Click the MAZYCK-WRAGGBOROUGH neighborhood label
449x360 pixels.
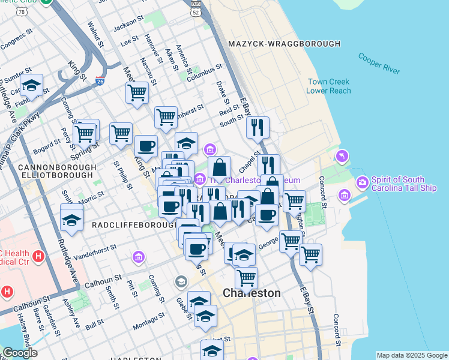(284, 44)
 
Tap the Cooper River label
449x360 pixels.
(379, 64)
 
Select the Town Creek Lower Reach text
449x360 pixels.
(328, 86)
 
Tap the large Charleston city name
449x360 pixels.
(252, 293)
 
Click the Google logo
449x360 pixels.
(20, 353)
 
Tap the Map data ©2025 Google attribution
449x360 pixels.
(412, 355)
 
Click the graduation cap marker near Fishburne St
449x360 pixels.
(31, 86)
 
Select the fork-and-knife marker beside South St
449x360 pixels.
(258, 127)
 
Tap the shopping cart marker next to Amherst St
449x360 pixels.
(166, 117)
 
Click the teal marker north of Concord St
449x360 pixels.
(342, 156)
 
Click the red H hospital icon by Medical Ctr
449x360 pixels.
(39, 257)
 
